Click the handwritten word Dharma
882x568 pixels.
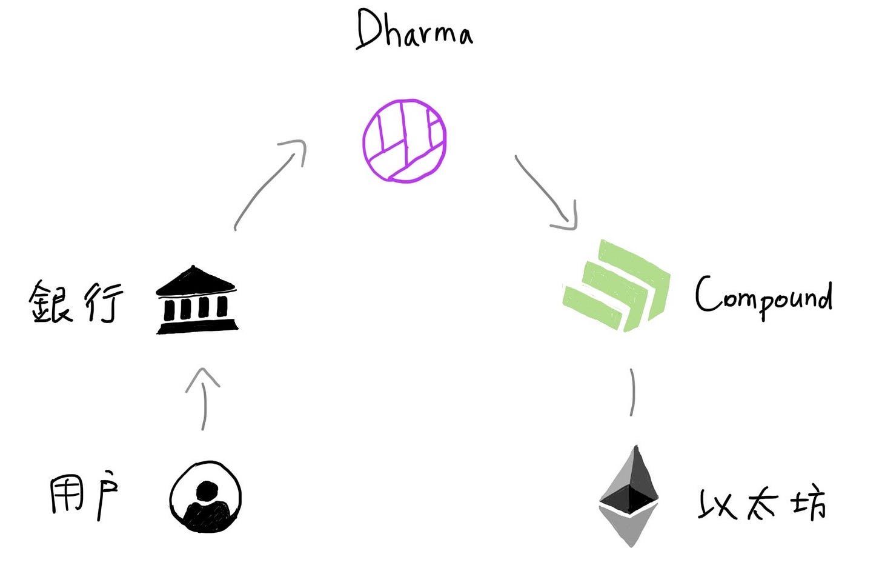click(414, 30)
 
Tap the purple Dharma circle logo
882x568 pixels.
click(405, 141)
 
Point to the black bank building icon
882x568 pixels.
click(197, 301)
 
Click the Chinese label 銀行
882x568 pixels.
click(76, 301)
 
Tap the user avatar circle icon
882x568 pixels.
click(206, 497)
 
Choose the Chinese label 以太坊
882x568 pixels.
click(762, 504)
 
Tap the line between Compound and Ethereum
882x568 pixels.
click(632, 392)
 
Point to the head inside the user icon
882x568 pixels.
click(207, 490)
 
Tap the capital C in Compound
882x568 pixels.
click(706, 294)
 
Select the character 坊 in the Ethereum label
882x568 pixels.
click(809, 504)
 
